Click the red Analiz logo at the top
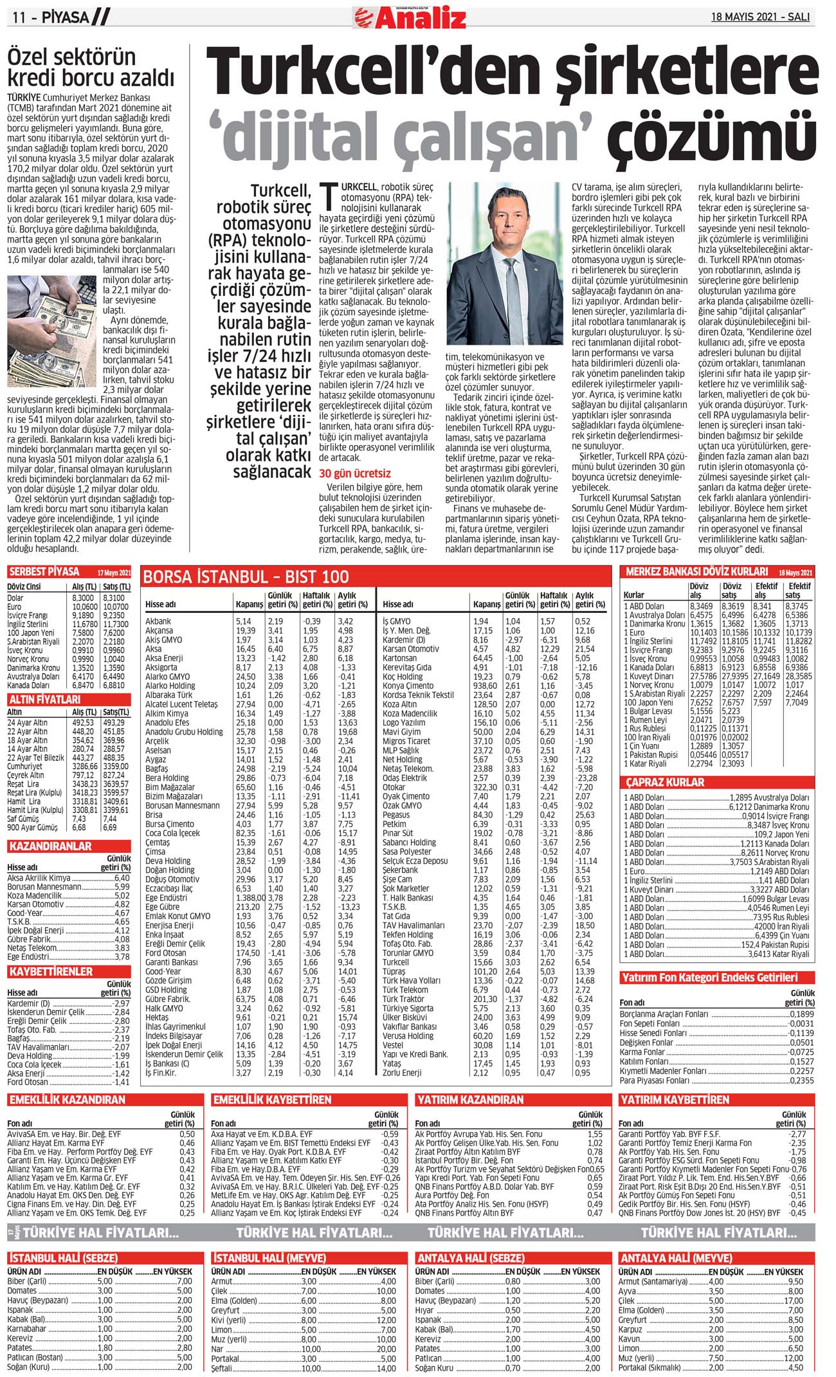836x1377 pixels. point(410,18)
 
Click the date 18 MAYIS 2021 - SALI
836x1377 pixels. point(759,17)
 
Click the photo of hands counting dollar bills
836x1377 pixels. point(52,331)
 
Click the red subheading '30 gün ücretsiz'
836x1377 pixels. point(354,474)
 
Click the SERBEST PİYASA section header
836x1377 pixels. point(44,572)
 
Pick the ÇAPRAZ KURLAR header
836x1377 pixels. point(665,783)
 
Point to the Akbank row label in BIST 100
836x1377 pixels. point(158,621)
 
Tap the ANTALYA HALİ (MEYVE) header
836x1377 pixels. point(675,1258)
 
